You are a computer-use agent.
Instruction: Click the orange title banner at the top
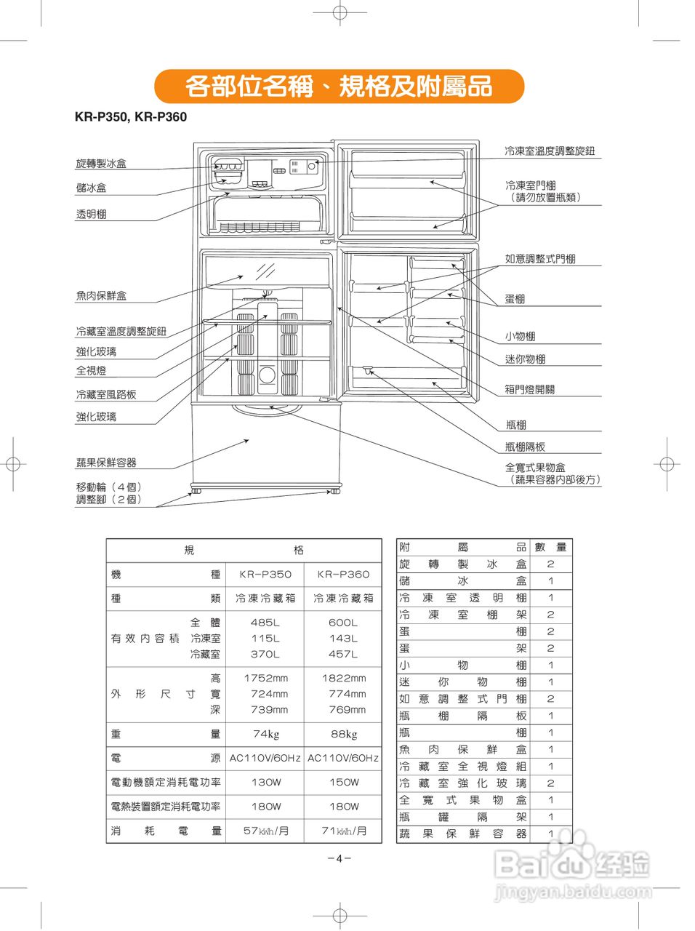coord(339,87)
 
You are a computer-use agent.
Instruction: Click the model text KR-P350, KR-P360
coord(131,117)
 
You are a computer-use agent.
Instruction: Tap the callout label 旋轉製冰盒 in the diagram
coord(101,164)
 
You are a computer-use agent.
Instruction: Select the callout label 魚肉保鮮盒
coord(101,295)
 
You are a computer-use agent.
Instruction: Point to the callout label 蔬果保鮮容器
coord(106,463)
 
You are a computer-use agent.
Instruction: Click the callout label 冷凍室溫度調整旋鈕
coord(550,151)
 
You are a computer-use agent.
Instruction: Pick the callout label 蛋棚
coord(515,299)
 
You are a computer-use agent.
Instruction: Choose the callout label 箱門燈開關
coord(529,389)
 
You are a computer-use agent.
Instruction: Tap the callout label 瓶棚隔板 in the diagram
coord(525,447)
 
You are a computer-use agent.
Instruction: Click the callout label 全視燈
coord(92,370)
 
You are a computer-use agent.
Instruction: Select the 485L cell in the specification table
coord(265,623)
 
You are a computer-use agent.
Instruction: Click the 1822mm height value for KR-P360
coord(343,678)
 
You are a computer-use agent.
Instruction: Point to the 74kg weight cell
coord(265,734)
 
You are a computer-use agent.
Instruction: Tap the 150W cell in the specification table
coord(343,783)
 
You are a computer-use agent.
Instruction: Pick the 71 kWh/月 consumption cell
coord(343,831)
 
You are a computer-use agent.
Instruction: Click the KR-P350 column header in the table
coord(265,575)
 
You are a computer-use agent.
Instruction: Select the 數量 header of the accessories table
coord(550,547)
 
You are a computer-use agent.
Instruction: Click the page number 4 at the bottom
coord(339,858)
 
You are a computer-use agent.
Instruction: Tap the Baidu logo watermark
coord(571,866)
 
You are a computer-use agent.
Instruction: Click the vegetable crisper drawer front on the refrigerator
coord(265,444)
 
